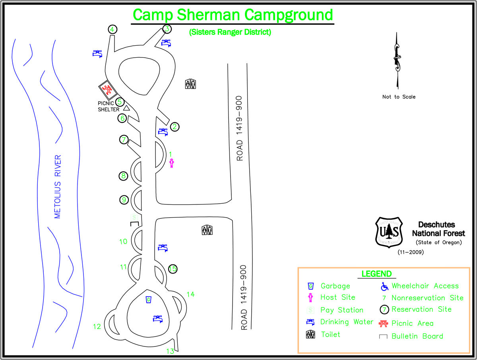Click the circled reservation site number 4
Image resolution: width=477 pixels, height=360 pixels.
click(x=112, y=29)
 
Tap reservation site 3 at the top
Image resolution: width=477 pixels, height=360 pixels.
click(x=167, y=29)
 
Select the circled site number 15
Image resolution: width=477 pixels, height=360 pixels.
click(x=173, y=269)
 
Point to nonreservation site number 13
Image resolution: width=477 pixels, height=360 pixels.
click(x=170, y=351)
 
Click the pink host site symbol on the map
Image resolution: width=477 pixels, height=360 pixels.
click(x=172, y=163)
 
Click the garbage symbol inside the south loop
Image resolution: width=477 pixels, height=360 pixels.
click(x=148, y=300)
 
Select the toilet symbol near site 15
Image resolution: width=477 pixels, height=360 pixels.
click(x=207, y=230)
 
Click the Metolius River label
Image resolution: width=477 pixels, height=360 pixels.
click(x=58, y=186)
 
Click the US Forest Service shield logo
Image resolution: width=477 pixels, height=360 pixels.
click(x=389, y=232)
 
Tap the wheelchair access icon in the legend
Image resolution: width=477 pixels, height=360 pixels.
click(x=384, y=286)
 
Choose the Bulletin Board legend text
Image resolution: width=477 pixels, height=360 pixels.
click(x=417, y=336)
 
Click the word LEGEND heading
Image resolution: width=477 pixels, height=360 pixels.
click(x=376, y=274)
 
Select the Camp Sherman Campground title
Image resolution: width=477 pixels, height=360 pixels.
click(x=233, y=15)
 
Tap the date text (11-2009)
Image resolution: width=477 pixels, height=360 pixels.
click(x=411, y=252)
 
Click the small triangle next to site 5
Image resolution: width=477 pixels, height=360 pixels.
click(x=126, y=108)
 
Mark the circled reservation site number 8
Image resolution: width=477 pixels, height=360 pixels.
click(x=124, y=176)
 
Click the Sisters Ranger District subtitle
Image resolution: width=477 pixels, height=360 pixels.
click(x=230, y=32)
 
